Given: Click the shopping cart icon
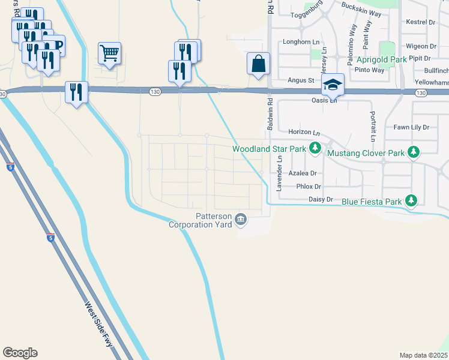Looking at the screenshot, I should tap(109, 53).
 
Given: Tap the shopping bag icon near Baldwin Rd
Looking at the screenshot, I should tap(258, 63).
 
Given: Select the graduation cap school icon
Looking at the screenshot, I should tap(332, 85).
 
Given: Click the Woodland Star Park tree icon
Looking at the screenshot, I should tap(314, 148).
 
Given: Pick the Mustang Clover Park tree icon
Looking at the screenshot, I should tap(413, 153).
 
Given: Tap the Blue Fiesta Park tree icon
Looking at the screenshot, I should tap(411, 201).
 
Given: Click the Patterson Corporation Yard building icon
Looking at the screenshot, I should tap(241, 220).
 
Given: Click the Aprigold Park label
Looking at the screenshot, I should tap(382, 59).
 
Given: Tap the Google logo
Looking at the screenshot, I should tap(20, 353).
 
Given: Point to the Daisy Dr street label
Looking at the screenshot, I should tap(320, 199).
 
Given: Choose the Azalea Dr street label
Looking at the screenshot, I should tap(302, 173).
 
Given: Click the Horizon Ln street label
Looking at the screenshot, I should tap(303, 131).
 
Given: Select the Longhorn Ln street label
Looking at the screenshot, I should tap(298, 42).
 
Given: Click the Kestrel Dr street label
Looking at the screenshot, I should tap(420, 22).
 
